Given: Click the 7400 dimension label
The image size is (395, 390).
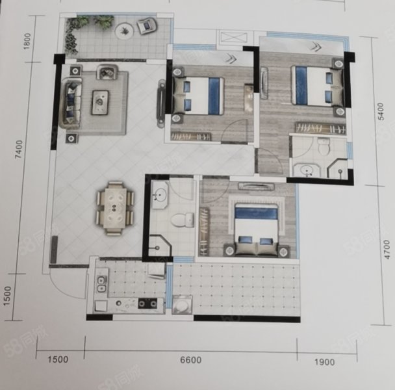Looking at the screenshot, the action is click(19, 149).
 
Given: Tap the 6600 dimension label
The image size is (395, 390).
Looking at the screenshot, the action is click(191, 360).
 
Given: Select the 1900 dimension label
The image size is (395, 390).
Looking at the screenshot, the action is click(324, 362).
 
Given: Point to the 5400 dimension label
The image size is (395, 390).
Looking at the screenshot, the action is click(381, 111).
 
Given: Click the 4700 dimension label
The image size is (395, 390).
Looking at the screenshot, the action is click(387, 250).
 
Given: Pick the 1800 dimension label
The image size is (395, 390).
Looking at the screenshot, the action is click(27, 42).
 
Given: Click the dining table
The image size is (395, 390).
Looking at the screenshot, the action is click(114, 208).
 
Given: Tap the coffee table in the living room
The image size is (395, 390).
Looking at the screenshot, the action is click(101, 103).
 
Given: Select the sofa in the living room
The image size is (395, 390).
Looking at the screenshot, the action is click(70, 103).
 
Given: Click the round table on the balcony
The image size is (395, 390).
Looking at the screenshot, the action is click(125, 31).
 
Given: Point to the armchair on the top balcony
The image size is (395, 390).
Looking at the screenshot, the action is click(147, 25).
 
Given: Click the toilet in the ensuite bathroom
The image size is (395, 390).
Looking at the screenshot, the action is click(324, 146).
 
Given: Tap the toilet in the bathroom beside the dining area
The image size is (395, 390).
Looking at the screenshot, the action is click(183, 219).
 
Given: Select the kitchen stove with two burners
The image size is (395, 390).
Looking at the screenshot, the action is click(147, 304).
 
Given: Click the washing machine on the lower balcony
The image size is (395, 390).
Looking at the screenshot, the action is click(182, 305).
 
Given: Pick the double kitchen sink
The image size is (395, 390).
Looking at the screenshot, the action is click(101, 284).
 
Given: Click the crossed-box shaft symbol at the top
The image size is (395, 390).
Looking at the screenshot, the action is click(231, 38).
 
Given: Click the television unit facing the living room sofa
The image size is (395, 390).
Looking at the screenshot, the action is click(160, 103).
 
